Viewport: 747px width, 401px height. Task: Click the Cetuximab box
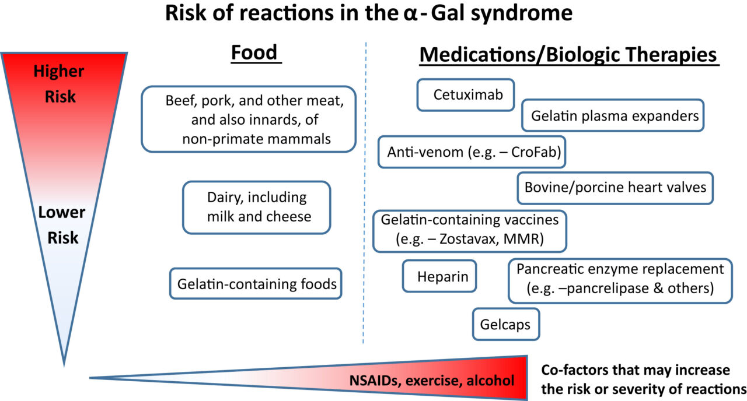click(465, 94)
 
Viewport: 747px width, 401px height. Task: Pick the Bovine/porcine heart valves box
click(615, 188)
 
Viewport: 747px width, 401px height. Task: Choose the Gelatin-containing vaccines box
click(470, 231)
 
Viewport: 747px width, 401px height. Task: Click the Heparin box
click(440, 276)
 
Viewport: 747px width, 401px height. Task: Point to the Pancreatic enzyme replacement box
click(620, 280)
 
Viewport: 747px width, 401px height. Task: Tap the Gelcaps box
click(505, 324)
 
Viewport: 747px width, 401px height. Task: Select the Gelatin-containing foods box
click(256, 284)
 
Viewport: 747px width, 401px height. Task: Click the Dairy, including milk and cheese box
click(256, 207)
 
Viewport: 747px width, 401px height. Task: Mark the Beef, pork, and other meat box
click(249, 120)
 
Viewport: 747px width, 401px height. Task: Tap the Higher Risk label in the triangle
click(58, 83)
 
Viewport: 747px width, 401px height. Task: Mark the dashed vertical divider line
click(365, 192)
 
